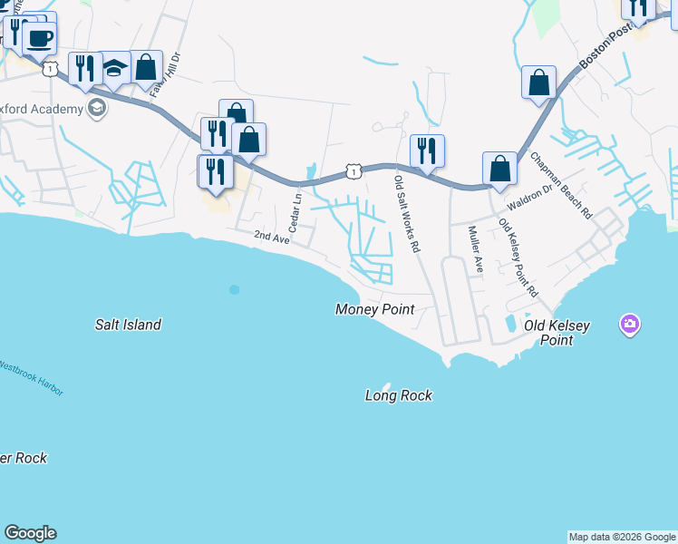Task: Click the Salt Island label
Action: [x=129, y=325]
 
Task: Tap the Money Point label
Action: [x=374, y=309]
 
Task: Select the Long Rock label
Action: [x=398, y=395]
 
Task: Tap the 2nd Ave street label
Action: [x=271, y=237]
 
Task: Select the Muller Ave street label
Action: [x=475, y=248]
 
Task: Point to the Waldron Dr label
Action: [x=528, y=198]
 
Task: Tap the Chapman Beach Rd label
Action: [x=561, y=186]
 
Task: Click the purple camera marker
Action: [x=630, y=324]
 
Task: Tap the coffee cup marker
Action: [x=39, y=39]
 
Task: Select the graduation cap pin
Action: [x=114, y=68]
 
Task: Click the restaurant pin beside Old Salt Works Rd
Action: [x=427, y=150]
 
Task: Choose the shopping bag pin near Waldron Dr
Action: [x=499, y=168]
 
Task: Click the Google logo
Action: [x=30, y=533]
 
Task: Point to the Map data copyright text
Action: [x=622, y=537]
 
